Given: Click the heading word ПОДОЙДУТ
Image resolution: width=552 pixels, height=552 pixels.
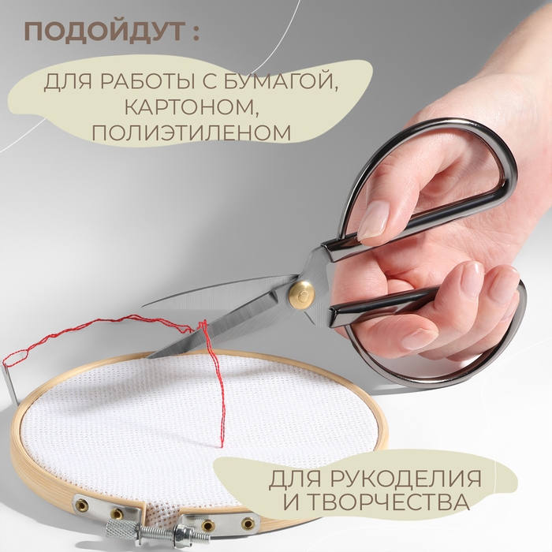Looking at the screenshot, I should tap(102, 33).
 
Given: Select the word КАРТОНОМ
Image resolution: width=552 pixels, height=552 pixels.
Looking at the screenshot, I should tap(196, 106).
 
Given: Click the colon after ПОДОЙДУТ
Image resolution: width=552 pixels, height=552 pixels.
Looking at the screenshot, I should tap(195, 35).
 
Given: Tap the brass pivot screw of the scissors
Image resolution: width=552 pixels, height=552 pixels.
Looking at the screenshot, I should tap(300, 293).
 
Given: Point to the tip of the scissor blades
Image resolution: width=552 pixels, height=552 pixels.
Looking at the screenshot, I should tap(147, 307).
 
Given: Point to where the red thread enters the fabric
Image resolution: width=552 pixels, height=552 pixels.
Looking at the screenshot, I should tap(222, 446).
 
